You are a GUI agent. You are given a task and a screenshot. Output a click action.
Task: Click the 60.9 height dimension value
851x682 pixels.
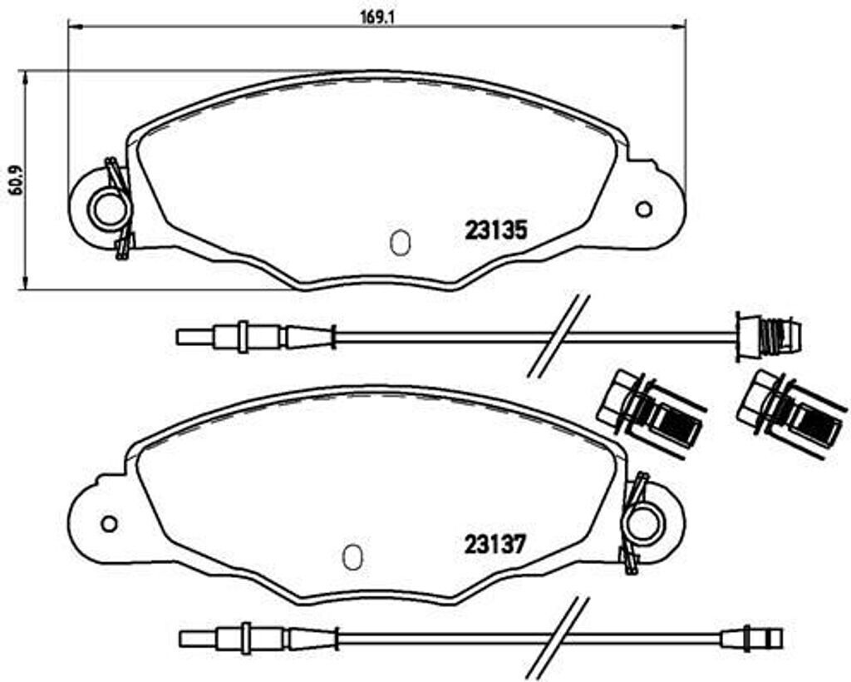pos(12,180)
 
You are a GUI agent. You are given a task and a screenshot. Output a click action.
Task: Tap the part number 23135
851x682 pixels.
pos(496,230)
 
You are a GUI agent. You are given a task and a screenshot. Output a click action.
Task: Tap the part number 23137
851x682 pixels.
pos(495,546)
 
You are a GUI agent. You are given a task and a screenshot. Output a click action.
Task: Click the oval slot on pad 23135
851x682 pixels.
pos(399,242)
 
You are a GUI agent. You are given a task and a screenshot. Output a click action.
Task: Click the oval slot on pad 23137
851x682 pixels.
pos(352,557)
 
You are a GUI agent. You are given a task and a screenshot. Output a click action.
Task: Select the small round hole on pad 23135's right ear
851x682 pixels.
pos(643,209)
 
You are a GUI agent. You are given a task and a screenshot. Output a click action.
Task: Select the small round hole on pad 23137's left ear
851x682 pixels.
pos(108,524)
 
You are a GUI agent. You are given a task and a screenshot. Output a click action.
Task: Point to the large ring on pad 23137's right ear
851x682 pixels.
pos(642,524)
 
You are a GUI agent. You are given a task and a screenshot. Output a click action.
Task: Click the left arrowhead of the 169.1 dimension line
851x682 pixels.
pos(73,27)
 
